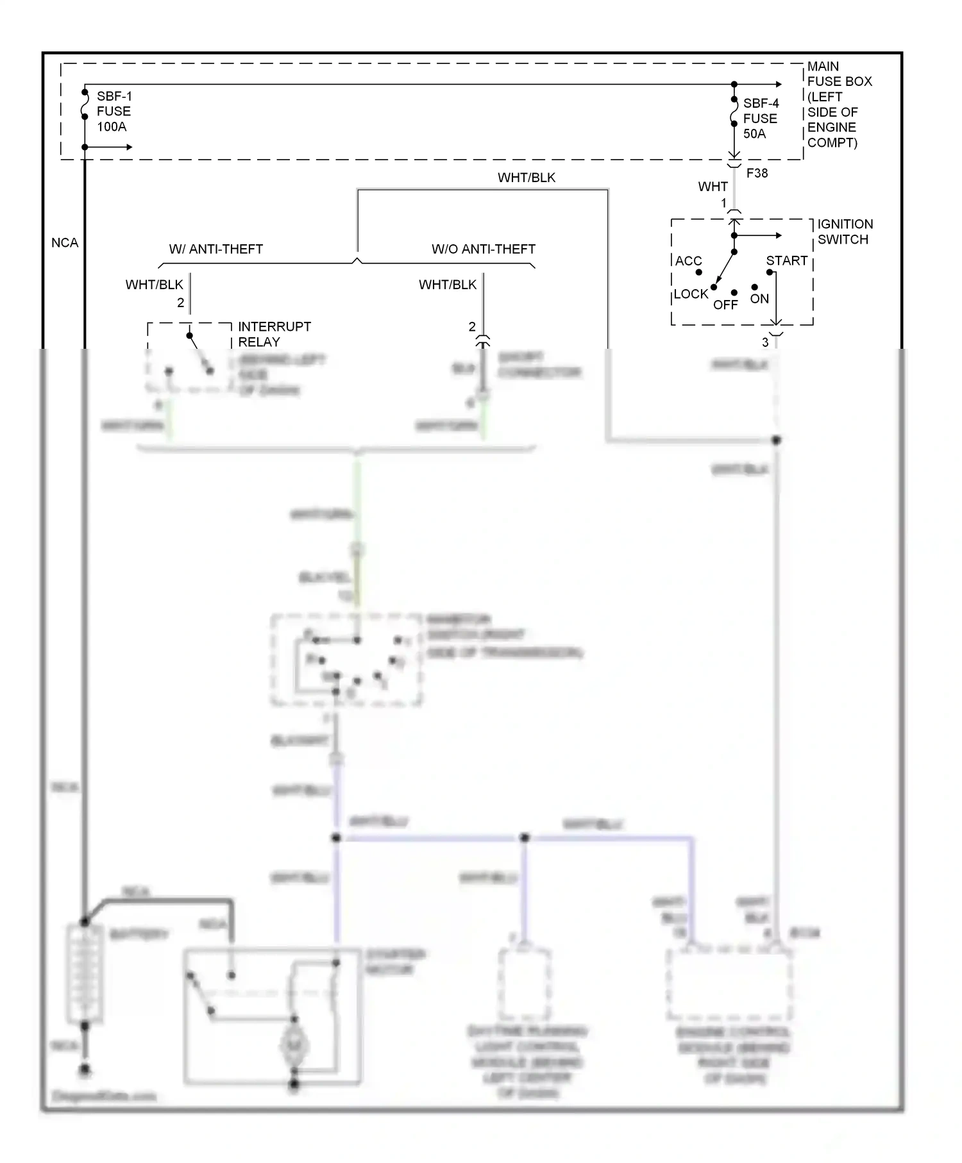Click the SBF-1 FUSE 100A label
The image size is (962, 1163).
(114, 112)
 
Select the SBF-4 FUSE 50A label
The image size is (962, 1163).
(761, 119)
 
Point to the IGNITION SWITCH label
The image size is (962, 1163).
(845, 231)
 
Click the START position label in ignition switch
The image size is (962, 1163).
(786, 261)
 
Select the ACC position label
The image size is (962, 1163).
(688, 261)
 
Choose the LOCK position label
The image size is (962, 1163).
(691, 294)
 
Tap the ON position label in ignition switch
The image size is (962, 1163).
(759, 299)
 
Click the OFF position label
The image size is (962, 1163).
(725, 305)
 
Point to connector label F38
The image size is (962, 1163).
(757, 173)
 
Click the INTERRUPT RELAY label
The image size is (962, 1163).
(274, 334)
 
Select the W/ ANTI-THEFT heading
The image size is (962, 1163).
(216, 249)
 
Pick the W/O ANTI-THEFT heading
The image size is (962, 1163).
(483, 249)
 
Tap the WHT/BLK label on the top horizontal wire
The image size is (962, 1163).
(527, 178)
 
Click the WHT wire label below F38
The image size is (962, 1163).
(713, 187)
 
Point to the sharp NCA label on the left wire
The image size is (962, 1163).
(65, 243)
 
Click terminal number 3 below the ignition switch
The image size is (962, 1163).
(765, 342)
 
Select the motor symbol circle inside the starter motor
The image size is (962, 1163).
(294, 1046)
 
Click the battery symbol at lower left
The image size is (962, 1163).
(85, 974)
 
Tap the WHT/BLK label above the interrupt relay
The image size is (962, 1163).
(154, 285)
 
